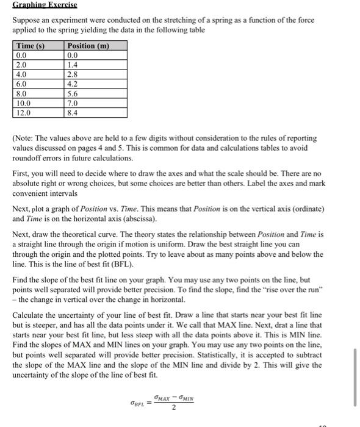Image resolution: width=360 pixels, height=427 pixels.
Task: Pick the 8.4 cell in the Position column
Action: (73, 113)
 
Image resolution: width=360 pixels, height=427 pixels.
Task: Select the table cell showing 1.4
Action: (73, 64)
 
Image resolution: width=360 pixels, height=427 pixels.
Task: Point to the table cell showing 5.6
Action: (73, 95)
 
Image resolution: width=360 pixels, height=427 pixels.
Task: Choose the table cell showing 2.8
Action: (73, 74)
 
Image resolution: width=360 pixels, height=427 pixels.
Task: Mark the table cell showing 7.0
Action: (73, 104)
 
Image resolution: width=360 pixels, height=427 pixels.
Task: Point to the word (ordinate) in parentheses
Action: (295, 208)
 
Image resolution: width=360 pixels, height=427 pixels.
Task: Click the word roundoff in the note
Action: (29, 158)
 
